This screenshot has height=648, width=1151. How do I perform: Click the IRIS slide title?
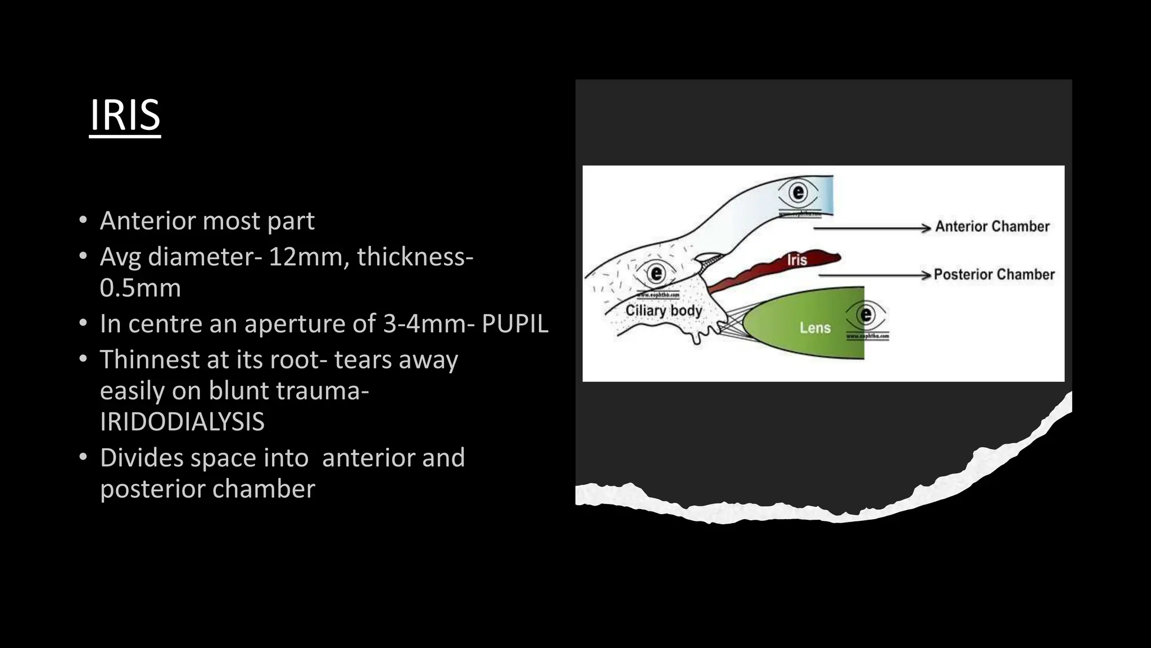pos(125,115)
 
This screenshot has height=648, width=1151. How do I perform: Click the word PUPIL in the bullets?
pos(514,324)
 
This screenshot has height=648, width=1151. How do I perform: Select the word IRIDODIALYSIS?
pos(182,422)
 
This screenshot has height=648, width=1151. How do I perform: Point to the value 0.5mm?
pos(140,288)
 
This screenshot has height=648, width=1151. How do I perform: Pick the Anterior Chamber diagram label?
pos(992,227)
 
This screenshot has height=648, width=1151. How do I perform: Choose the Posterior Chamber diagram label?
pos(994,274)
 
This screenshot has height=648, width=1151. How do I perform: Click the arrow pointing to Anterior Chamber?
pos(871,228)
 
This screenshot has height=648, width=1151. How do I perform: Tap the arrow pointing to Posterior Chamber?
pos(874,275)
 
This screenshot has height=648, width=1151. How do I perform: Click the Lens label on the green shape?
pos(815,327)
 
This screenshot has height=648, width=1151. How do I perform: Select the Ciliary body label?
pos(664,310)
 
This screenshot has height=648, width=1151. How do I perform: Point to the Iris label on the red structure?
pos(797,260)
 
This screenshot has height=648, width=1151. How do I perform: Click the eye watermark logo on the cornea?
pos(798,193)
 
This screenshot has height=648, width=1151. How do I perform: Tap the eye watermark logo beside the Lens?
pos(866,315)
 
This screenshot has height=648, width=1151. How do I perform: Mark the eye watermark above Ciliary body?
pos(656,274)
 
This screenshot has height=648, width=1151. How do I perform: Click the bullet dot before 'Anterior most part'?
pos(83,220)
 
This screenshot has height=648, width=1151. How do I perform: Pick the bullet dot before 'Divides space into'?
pos(83,457)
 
